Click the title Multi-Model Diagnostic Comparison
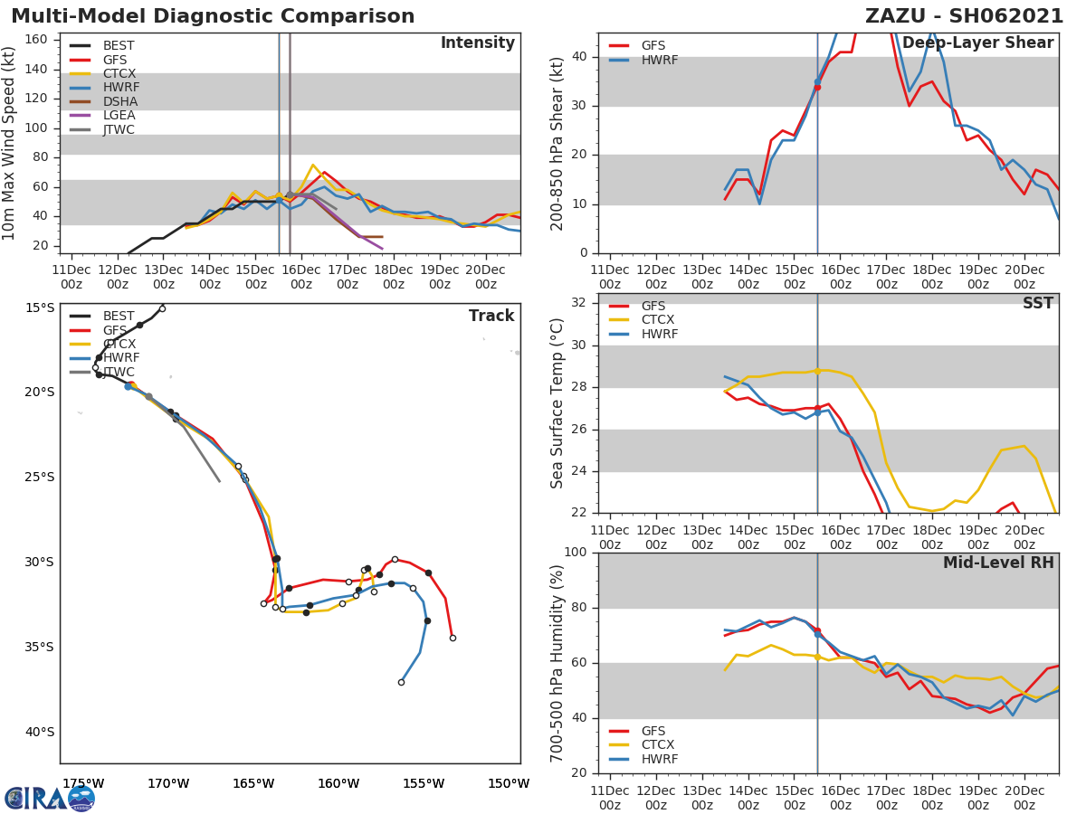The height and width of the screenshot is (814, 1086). pos(213,16)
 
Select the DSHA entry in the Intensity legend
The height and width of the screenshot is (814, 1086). pos(119,101)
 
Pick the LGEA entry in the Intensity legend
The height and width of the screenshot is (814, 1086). pos(119,115)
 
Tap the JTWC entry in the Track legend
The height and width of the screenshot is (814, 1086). pos(119,372)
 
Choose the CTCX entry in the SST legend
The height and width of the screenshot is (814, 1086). pos(657,320)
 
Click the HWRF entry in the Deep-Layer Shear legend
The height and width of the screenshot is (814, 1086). pos(659,60)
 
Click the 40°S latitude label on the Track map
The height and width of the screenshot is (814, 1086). pos(39,732)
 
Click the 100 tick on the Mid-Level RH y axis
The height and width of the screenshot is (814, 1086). pos(576,553)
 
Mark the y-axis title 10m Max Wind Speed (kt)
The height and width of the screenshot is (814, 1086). pos(10,144)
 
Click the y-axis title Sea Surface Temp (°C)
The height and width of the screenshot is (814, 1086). pos(557,402)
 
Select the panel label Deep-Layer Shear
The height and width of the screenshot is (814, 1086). pos(977,43)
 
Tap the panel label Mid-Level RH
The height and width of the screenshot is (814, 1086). pos(998,563)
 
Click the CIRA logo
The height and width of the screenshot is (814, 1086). pos(50,799)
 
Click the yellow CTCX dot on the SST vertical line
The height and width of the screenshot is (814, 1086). pos(817,371)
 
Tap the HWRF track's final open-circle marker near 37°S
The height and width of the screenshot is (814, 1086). pos(401,682)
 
